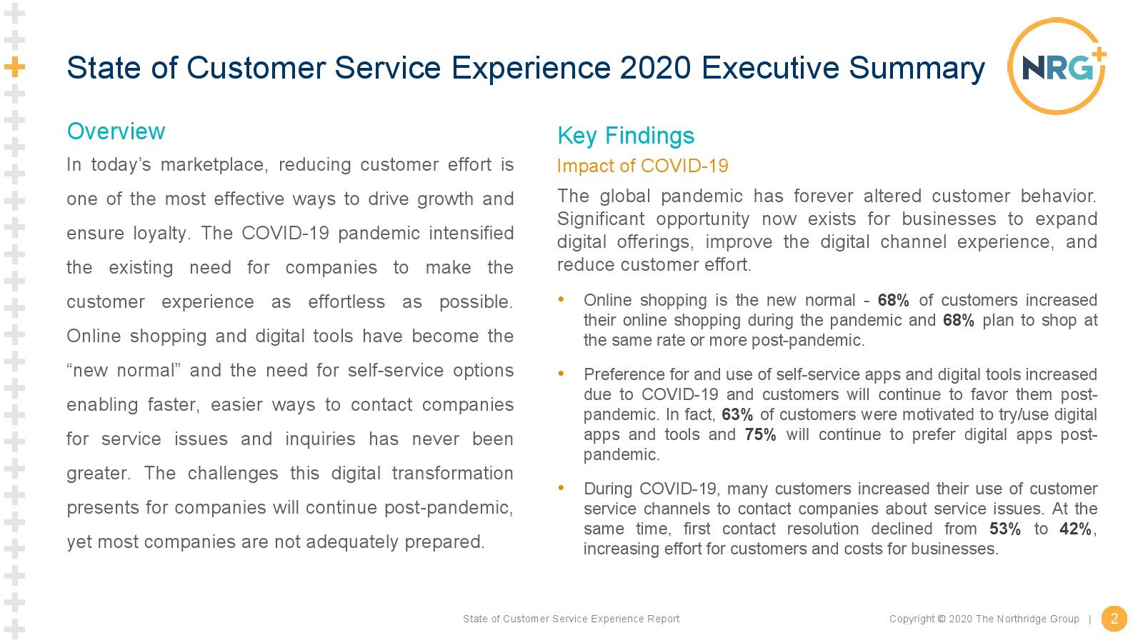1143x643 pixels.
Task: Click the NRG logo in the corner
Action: coord(1057,66)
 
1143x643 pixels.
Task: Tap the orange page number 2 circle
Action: coord(1114,619)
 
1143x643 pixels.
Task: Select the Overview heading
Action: coord(116,131)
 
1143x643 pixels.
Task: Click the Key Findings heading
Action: coord(626,136)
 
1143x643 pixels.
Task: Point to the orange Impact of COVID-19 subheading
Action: coord(642,166)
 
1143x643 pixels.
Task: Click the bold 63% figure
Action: coord(737,414)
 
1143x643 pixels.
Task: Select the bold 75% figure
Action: coord(760,434)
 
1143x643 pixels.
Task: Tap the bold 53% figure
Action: coord(1004,529)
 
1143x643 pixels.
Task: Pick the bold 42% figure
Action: coord(1075,529)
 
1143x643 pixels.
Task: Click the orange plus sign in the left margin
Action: coord(15,67)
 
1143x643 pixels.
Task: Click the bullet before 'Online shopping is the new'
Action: coord(561,299)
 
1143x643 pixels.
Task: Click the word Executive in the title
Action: coord(770,68)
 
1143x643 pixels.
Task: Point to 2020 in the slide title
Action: coord(655,68)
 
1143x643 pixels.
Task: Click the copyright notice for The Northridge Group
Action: coord(984,619)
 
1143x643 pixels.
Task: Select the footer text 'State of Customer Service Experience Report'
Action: coord(571,619)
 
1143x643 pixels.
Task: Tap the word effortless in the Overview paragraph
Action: coord(346,302)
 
